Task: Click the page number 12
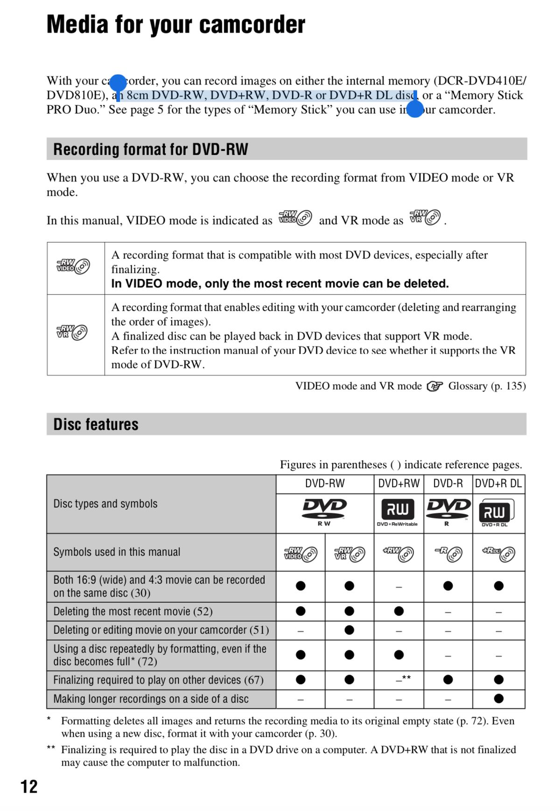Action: pos(29,786)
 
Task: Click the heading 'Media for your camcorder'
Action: pos(176,25)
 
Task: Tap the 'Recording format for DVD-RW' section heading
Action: pos(151,149)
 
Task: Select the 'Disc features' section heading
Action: pos(96,424)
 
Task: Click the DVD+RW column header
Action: pos(399,483)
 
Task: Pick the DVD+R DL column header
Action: pos(498,483)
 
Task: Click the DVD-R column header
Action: pos(448,483)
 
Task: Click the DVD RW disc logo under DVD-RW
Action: pos(324,510)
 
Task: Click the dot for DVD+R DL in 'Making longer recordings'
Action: pos(498,699)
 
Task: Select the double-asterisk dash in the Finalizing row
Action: pos(402,679)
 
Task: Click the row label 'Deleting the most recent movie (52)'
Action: pos(133,611)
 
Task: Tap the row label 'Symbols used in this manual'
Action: pos(117,552)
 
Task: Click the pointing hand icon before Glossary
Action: pos(434,386)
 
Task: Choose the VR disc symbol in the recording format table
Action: pos(72,332)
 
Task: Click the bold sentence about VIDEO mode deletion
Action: pos(280,284)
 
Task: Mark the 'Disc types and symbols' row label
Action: pos(105,504)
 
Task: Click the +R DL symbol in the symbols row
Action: pos(498,553)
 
